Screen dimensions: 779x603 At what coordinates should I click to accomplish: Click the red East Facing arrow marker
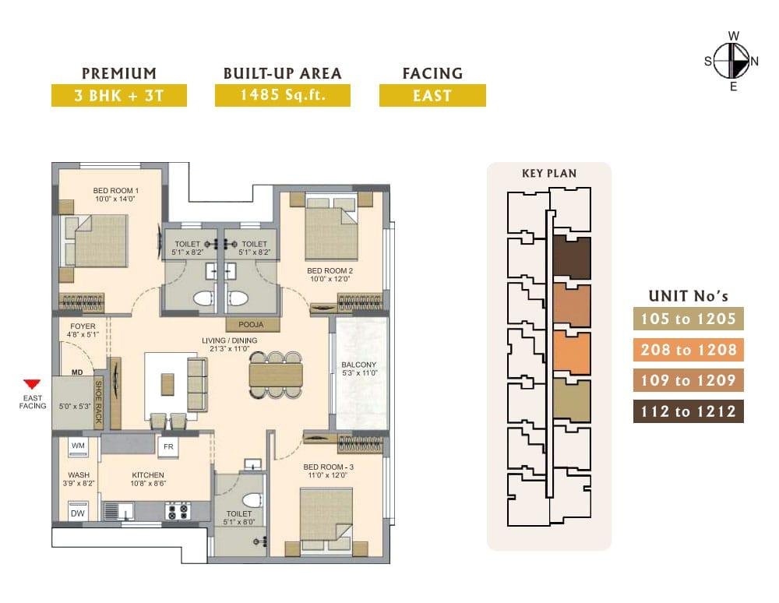(x=32, y=384)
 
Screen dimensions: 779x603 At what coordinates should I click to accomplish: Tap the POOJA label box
(x=251, y=324)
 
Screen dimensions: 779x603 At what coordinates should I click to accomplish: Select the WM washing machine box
(x=78, y=446)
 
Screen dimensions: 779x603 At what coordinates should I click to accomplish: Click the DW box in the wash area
(x=77, y=513)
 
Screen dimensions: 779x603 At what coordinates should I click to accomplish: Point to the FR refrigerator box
(x=168, y=446)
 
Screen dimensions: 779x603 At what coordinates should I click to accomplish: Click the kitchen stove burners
(x=178, y=511)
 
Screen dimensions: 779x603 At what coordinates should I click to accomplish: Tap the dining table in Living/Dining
(x=276, y=375)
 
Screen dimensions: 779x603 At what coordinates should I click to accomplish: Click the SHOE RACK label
(x=98, y=402)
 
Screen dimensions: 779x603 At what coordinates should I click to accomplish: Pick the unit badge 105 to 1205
(x=688, y=319)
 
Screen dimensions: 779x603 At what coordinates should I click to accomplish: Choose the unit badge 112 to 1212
(x=688, y=411)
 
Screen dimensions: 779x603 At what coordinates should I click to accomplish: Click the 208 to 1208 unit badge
(x=688, y=350)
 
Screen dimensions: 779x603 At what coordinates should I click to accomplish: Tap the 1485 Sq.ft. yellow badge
(x=282, y=95)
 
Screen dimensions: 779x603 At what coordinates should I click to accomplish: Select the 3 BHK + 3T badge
(x=118, y=95)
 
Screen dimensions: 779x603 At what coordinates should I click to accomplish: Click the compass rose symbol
(x=732, y=61)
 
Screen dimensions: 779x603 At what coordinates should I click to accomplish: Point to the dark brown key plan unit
(x=572, y=258)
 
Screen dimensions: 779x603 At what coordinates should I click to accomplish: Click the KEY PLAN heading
(x=549, y=174)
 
